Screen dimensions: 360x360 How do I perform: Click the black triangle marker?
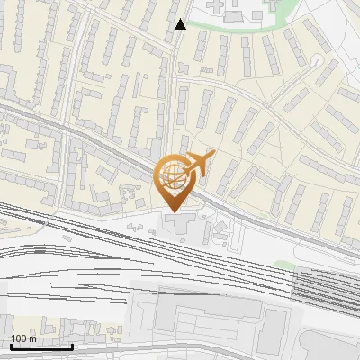click(x=180, y=24)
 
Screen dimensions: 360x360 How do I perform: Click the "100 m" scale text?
click(x=24, y=338)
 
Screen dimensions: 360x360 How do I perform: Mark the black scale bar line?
click(x=41, y=346)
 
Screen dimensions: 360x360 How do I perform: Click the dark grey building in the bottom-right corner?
click(x=328, y=346)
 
